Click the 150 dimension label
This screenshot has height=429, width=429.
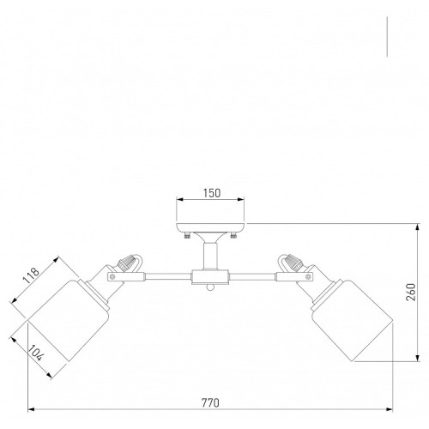click(x=212, y=193)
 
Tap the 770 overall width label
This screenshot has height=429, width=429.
click(x=210, y=403)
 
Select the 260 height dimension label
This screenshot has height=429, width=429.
click(x=411, y=292)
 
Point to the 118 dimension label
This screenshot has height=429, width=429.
click(x=31, y=275)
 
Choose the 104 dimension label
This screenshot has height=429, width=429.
click(x=36, y=353)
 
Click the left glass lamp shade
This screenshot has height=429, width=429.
click(x=69, y=320)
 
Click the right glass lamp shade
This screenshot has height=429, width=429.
click(x=353, y=320)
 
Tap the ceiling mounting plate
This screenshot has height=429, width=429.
click(x=210, y=227)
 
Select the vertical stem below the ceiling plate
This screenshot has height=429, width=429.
click(x=210, y=256)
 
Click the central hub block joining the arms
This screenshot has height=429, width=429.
click(x=210, y=277)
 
